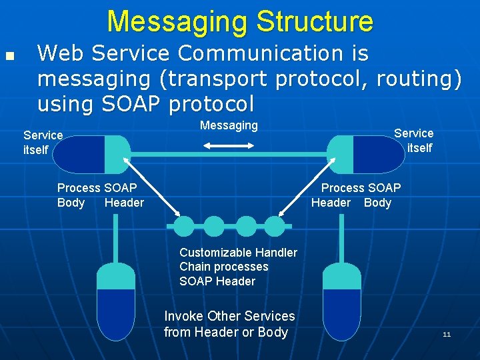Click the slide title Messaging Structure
(x=240, y=21)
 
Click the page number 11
(x=447, y=333)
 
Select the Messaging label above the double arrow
(x=229, y=125)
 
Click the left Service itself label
(x=42, y=142)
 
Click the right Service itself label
(x=414, y=140)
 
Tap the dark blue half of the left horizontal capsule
(x=79, y=155)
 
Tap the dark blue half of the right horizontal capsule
(x=377, y=155)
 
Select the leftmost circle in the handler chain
(x=185, y=227)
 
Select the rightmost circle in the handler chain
(x=274, y=227)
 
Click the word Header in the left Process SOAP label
(x=124, y=203)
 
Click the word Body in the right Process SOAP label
(x=377, y=203)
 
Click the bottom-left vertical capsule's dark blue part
(x=116, y=313)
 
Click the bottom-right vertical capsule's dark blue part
(x=341, y=313)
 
